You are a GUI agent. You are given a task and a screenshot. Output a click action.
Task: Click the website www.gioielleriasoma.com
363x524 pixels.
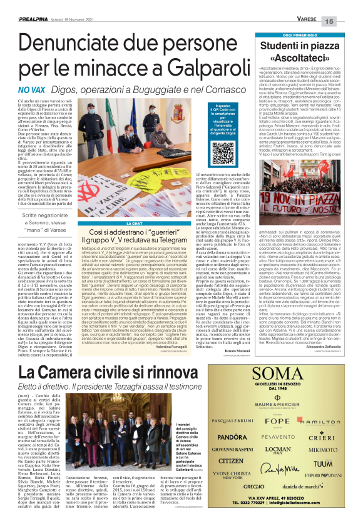313,512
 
